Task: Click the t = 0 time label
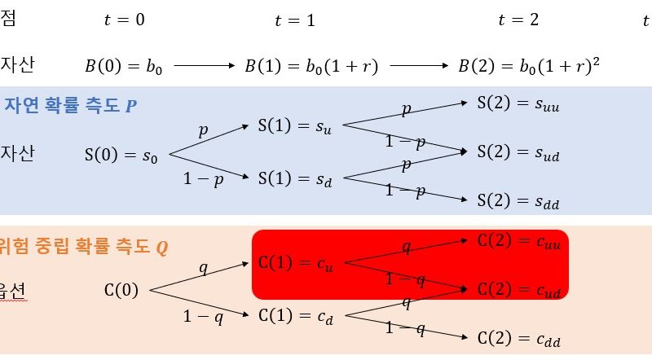125,20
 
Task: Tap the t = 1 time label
295,20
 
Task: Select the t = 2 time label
518,20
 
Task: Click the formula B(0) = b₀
124,66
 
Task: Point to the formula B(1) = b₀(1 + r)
311,66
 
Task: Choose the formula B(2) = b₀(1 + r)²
529,65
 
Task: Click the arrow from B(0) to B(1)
205,65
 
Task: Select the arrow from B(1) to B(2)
419,65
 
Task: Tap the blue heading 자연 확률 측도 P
70,105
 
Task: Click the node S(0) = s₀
121,155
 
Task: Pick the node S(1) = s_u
295,125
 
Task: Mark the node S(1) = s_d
295,178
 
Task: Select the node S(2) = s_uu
518,103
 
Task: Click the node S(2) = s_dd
518,201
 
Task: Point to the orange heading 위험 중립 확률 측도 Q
84,247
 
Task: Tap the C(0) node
121,290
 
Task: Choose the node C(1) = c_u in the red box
296,263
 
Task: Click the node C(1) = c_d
296,316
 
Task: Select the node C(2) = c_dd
519,338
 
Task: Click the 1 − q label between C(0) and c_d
203,317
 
